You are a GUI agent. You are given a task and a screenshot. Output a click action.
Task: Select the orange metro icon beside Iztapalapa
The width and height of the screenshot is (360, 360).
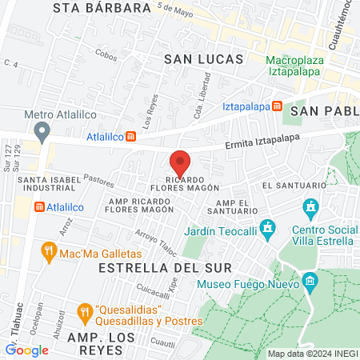point(276,106)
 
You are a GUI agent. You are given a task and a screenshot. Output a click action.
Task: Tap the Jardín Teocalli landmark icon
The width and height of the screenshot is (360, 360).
point(267,228)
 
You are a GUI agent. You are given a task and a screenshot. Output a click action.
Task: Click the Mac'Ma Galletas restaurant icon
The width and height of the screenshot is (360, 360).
point(48,253)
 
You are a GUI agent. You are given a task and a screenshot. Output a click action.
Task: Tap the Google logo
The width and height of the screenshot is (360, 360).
point(27,350)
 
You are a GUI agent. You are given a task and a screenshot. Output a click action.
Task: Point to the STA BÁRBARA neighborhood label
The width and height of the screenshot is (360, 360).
point(102,8)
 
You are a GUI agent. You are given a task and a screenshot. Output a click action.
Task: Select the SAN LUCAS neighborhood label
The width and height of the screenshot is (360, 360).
point(198,58)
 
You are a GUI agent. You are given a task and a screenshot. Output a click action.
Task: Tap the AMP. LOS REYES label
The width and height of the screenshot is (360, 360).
point(100,337)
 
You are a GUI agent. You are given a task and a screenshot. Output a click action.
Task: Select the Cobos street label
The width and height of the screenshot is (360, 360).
point(106,57)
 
